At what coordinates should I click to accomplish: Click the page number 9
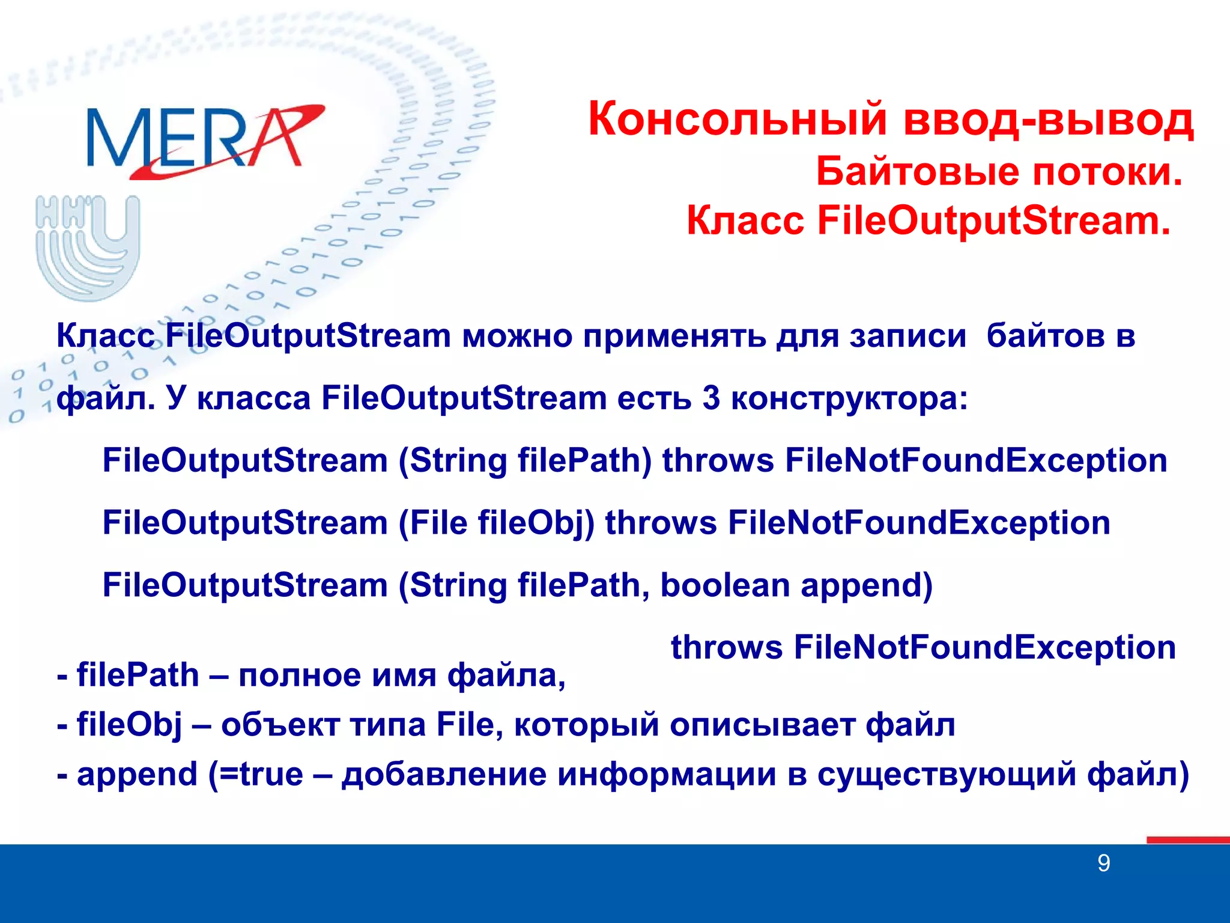click(x=1103, y=864)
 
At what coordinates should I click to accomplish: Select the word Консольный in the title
click(x=738, y=120)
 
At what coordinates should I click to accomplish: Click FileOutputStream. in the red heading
click(x=994, y=221)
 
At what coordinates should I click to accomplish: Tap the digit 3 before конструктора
click(x=711, y=398)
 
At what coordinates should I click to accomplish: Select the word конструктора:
click(x=849, y=398)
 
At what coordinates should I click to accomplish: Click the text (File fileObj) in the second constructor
click(x=496, y=523)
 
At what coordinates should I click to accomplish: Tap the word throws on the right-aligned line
click(x=727, y=648)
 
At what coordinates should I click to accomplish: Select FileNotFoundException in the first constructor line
click(x=976, y=461)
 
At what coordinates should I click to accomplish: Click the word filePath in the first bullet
click(x=138, y=675)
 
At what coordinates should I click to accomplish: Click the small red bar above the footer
click(x=1187, y=840)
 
